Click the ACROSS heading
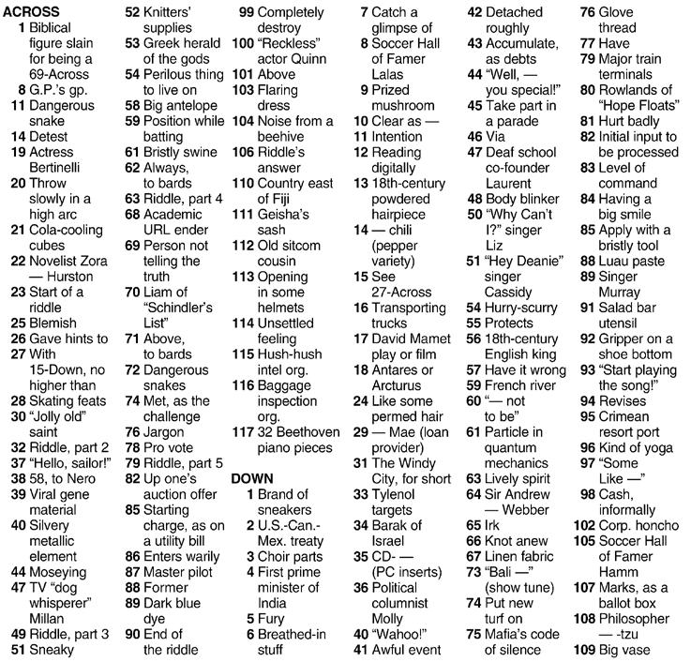click(32, 12)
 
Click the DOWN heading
click(251, 479)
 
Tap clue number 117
click(242, 432)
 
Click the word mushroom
click(402, 105)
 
